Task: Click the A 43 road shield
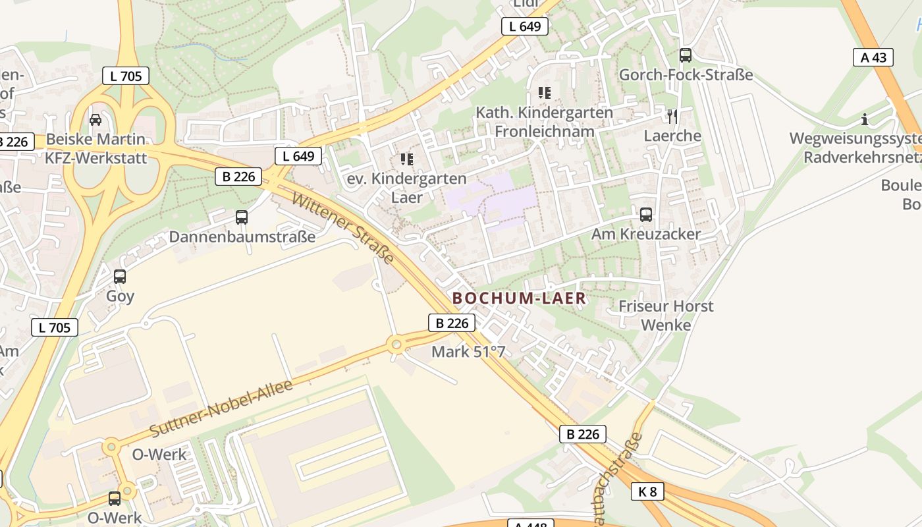point(873,57)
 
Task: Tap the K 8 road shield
point(647,491)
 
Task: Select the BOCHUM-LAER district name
point(519,298)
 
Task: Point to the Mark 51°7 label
point(468,352)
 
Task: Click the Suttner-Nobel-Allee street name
point(221,408)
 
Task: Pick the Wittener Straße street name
point(343,227)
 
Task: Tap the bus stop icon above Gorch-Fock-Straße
point(686,55)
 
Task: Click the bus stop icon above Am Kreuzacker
point(646,215)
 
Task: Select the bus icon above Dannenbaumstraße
point(242,217)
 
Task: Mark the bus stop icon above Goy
point(120,277)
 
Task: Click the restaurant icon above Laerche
point(672,117)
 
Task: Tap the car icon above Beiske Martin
point(95,120)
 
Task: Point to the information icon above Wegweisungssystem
point(865,120)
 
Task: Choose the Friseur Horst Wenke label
point(666,316)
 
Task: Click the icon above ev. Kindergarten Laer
point(406,159)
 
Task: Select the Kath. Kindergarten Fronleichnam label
point(545,122)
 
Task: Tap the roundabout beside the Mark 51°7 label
point(396,344)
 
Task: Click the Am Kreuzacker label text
point(646,234)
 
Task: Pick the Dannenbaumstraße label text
point(242,236)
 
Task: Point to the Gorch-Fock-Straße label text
point(686,74)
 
